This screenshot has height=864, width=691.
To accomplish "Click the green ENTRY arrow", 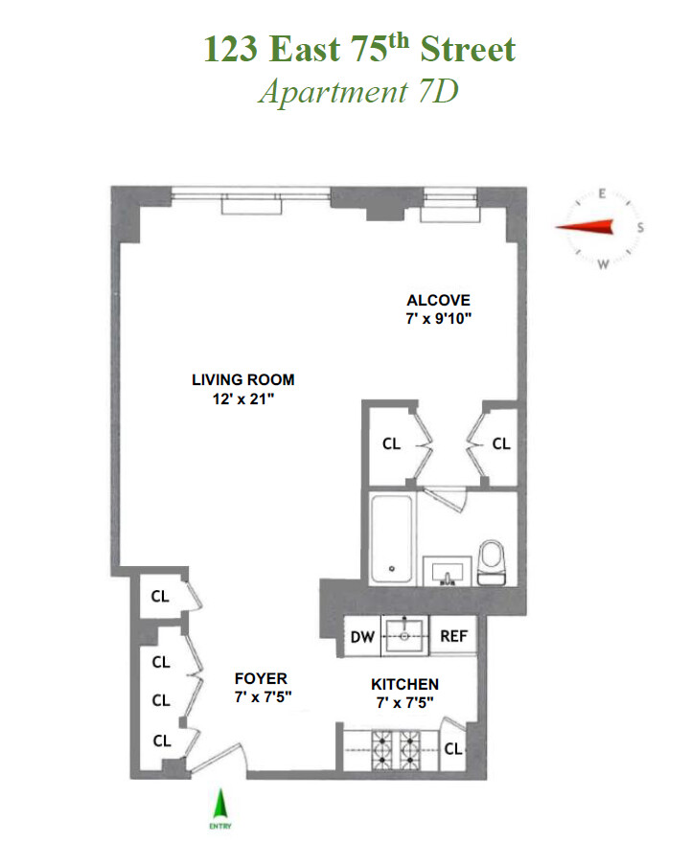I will [223, 803].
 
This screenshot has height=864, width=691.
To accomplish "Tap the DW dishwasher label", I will [363, 635].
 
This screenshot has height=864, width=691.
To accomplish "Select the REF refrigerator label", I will [452, 635].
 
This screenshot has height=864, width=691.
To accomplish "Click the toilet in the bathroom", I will [492, 561].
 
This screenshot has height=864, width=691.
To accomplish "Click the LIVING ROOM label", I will [243, 379].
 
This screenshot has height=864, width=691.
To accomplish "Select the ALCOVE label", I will [438, 300].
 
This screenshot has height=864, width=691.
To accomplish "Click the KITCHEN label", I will [405, 684].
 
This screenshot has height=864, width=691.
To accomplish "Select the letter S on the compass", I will [640, 227].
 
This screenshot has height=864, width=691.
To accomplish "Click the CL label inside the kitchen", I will [453, 749].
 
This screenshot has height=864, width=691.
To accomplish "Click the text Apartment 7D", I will [359, 92].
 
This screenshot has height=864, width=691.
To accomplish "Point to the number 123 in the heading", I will [230, 49].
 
